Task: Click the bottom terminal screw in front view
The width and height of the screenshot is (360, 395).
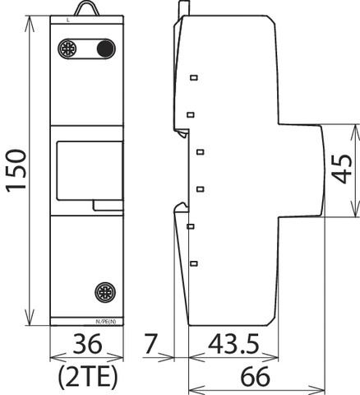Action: pos(104,292)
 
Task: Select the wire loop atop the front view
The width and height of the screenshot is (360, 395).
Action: pos(87,8)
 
